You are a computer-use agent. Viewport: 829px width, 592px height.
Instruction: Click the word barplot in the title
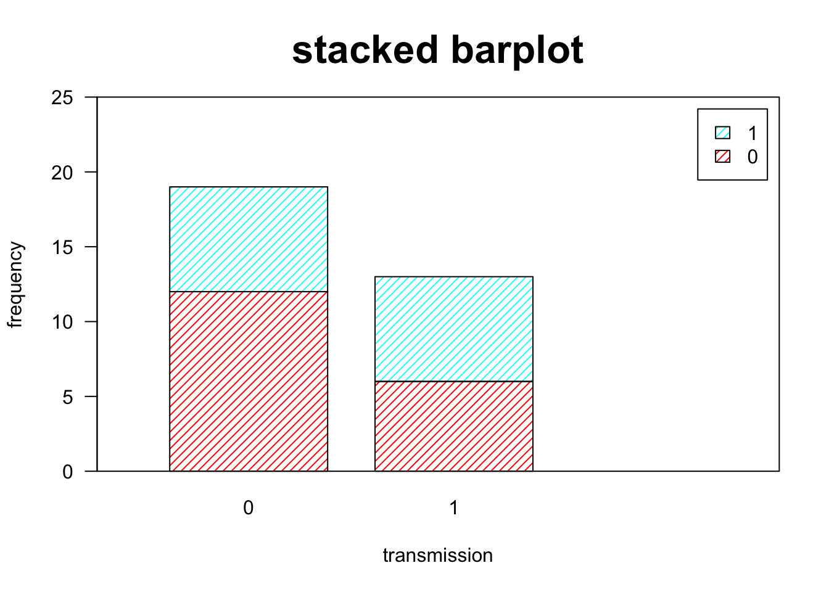518,52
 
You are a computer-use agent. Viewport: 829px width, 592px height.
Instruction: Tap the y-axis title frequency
15,284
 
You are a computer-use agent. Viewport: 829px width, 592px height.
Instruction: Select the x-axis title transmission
438,556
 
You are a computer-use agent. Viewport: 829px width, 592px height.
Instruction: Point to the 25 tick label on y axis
62,98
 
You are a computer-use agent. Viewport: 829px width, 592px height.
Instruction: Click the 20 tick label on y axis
62,173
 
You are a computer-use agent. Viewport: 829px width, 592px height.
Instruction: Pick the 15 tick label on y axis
62,247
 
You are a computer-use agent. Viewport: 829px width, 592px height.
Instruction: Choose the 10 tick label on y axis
62,323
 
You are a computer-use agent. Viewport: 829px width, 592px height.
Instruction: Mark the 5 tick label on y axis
68,397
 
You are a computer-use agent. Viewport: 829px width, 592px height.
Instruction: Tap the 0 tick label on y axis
68,472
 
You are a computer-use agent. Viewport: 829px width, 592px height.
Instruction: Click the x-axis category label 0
249,508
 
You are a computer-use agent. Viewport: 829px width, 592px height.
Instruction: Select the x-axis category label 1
454,508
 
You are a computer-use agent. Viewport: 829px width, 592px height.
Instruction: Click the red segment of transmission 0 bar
249,381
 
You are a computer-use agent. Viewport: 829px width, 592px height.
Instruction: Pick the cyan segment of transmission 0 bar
249,239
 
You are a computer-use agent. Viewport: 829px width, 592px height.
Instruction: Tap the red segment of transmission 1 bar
454,426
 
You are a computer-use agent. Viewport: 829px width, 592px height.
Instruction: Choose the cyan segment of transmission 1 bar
454,329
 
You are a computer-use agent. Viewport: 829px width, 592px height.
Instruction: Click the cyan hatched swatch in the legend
722,133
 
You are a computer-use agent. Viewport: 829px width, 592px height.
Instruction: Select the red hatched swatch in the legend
722,156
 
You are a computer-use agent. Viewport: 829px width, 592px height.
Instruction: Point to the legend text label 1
753,133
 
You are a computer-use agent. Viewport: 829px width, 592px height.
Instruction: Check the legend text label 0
753,157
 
